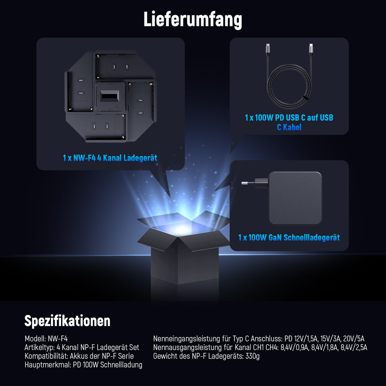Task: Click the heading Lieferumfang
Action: (x=193, y=20)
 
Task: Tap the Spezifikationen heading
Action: (x=67, y=321)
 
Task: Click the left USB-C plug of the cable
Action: (x=268, y=48)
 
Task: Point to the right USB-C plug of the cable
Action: (x=311, y=48)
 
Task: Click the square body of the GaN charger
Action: (x=295, y=198)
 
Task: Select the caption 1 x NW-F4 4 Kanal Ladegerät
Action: (x=110, y=158)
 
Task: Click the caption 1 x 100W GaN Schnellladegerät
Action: (x=289, y=238)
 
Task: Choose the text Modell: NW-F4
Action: (x=46, y=339)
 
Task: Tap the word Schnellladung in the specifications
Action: (x=121, y=365)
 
